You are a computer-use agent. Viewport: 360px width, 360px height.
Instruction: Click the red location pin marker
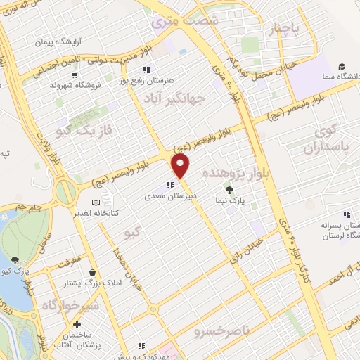[181, 166]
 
